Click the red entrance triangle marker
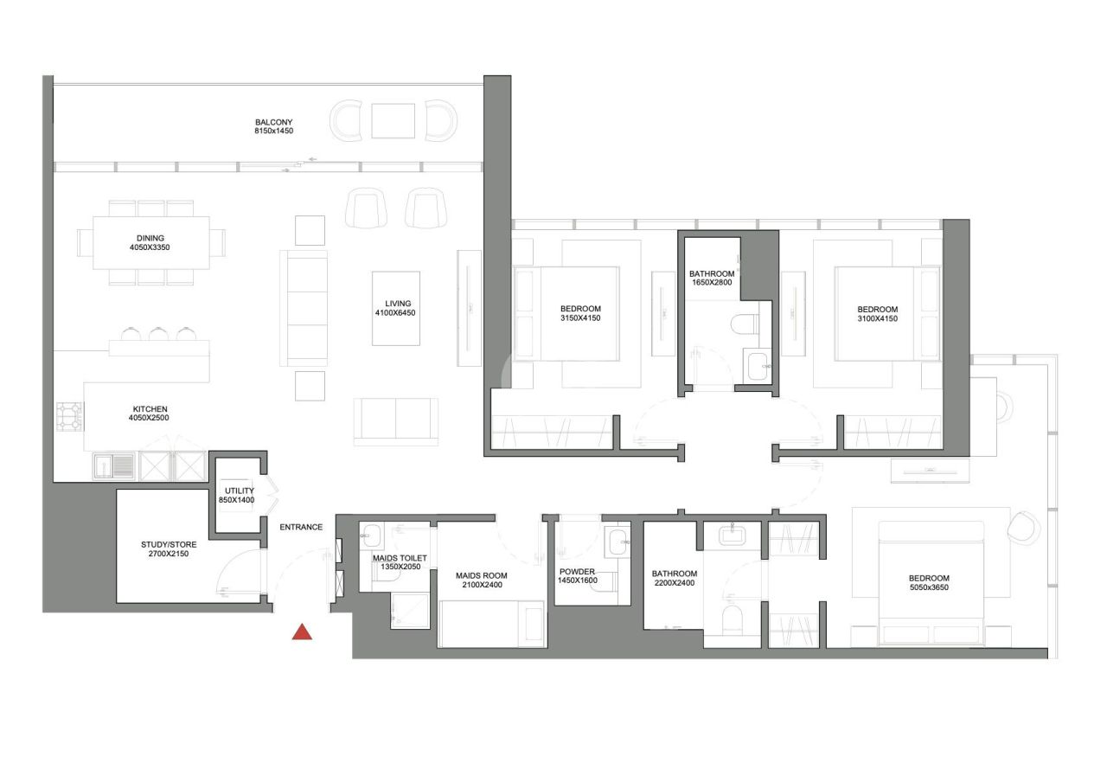click(x=302, y=632)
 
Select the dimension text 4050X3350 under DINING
click(x=150, y=248)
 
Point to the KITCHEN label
click(x=150, y=409)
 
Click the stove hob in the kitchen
click(x=69, y=417)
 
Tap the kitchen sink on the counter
click(x=113, y=466)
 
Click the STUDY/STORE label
click(x=169, y=544)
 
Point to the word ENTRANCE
click(x=301, y=527)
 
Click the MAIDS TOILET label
click(x=398, y=558)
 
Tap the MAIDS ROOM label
click(x=482, y=575)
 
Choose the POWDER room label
click(x=578, y=572)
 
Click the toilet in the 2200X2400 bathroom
click(x=732, y=619)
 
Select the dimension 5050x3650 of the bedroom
click(x=929, y=589)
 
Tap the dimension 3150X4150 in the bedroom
click(x=579, y=319)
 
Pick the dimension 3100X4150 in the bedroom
click(x=877, y=320)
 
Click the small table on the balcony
click(x=394, y=120)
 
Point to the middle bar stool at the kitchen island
click(x=158, y=334)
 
